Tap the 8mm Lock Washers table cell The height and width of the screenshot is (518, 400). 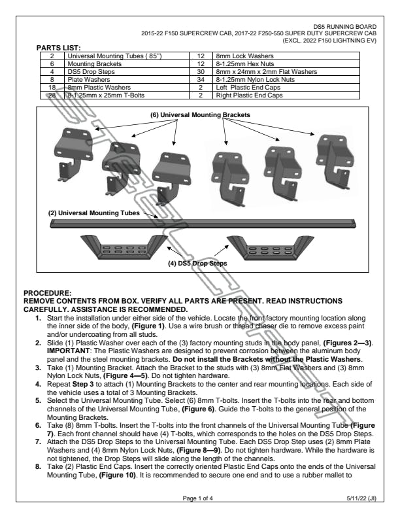[240, 56]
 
